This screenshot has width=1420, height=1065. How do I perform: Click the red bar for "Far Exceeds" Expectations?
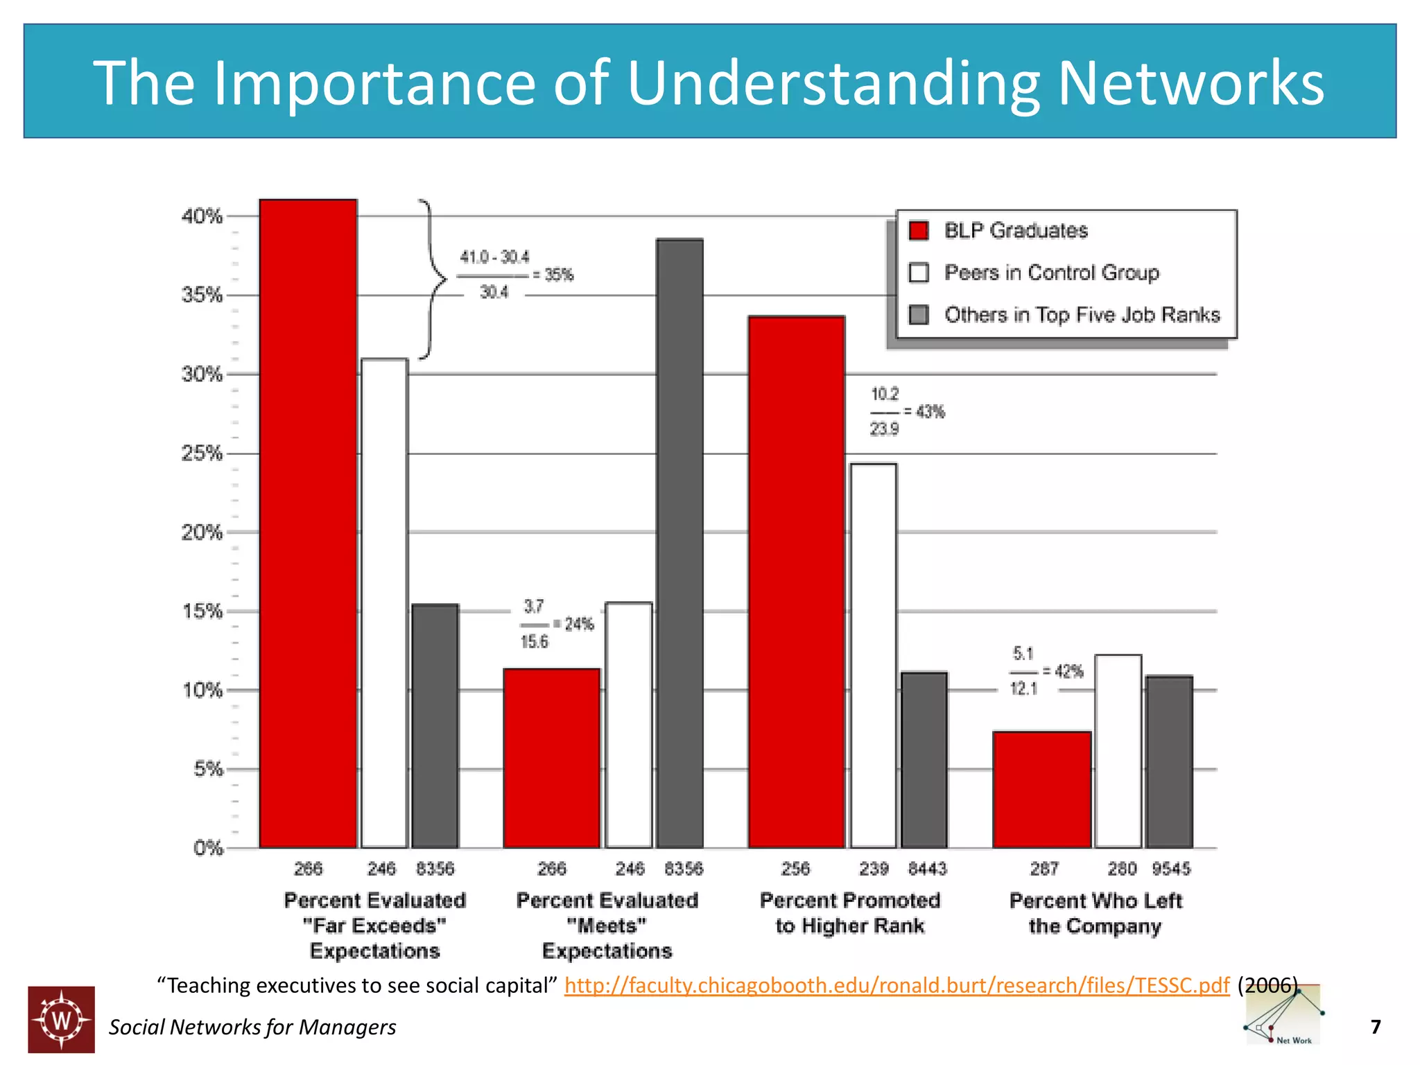308,523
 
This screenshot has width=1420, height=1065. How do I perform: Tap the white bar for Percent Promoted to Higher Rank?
873,655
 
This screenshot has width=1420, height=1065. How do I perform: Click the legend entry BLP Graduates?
1015,231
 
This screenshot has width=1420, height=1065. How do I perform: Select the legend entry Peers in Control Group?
1050,272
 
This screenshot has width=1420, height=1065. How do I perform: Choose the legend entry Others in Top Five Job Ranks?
1081,315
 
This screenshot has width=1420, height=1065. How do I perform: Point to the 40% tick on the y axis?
202,216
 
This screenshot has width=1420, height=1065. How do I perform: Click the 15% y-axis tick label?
202,611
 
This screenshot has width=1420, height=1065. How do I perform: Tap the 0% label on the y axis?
207,848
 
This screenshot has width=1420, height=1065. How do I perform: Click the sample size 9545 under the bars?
1171,869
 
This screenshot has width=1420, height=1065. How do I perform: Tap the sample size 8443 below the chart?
927,869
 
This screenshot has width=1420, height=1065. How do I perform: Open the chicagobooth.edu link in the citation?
897,985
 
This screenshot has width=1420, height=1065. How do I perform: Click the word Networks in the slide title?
1190,83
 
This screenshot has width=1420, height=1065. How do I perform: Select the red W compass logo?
61,1019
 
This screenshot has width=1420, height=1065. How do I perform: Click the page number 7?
1376,1026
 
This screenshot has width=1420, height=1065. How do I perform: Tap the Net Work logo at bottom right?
1283,1016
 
